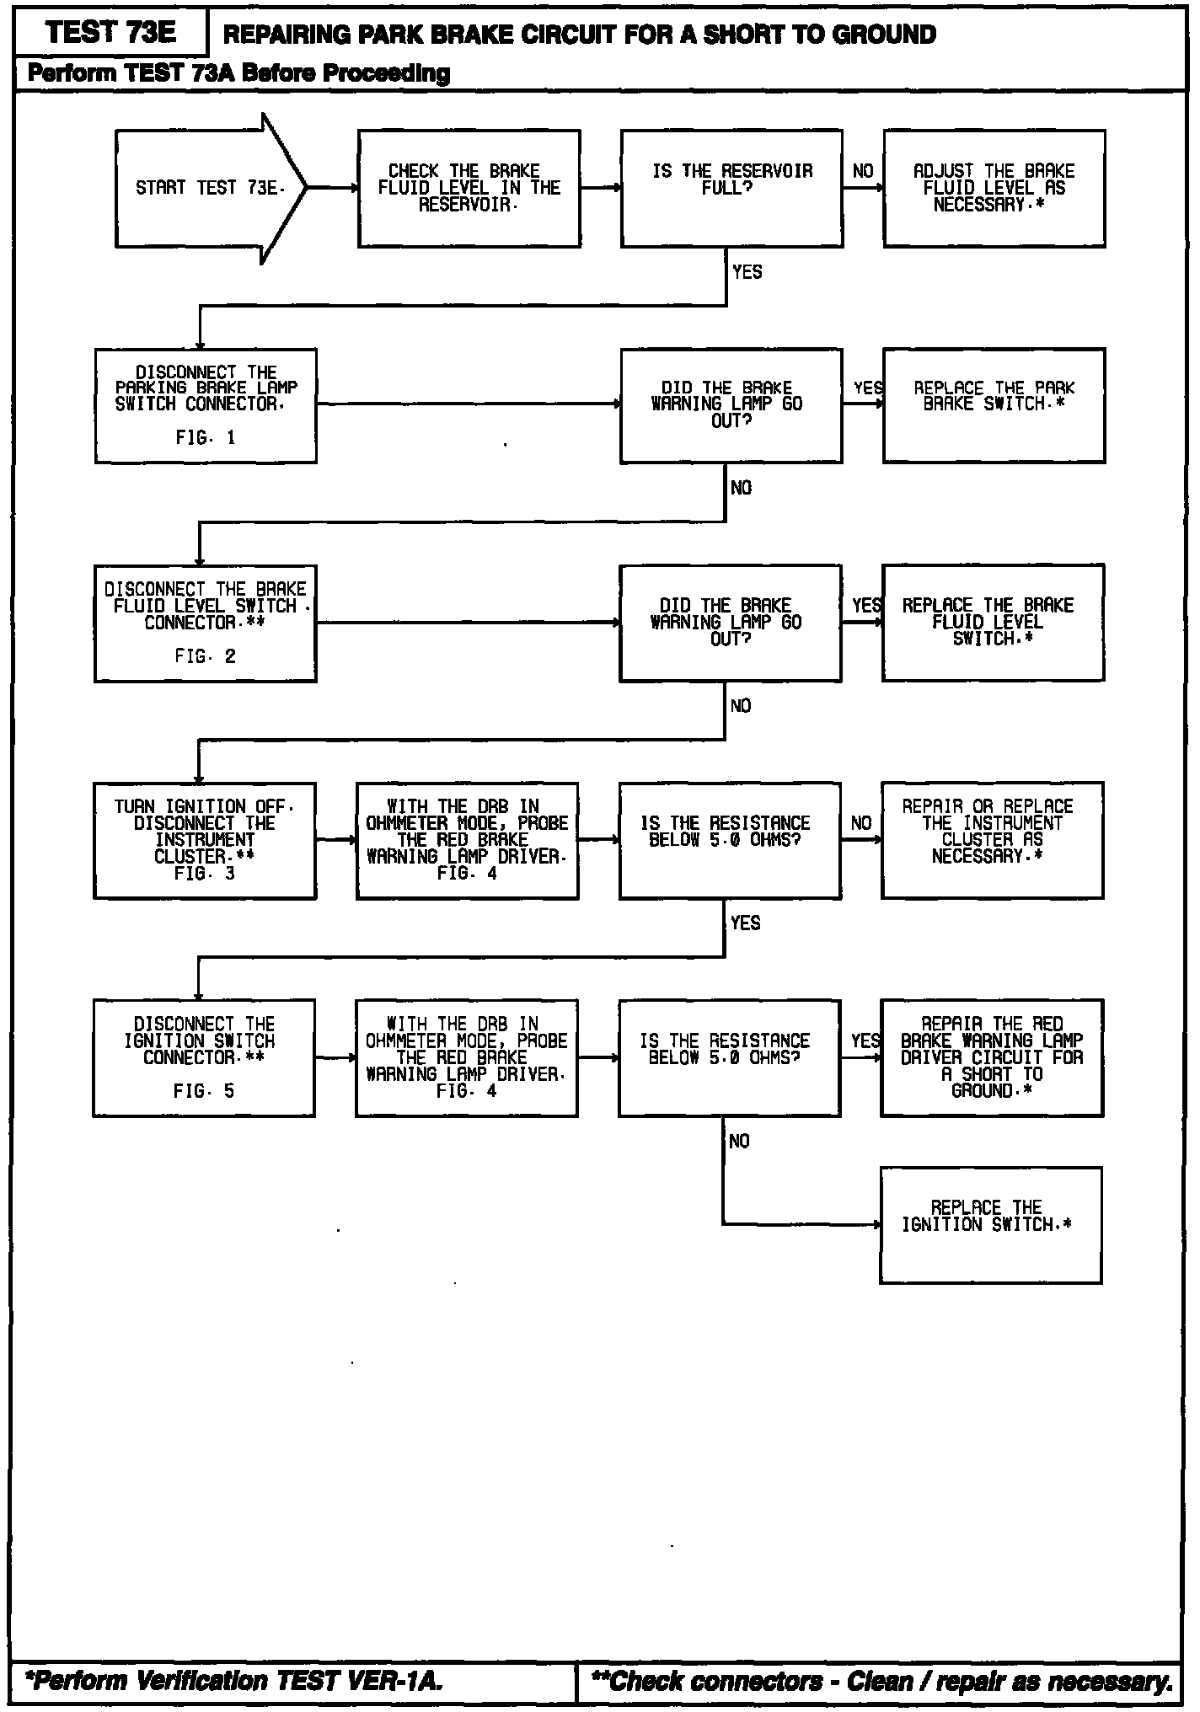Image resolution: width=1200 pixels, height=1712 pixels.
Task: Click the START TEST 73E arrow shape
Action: (206, 188)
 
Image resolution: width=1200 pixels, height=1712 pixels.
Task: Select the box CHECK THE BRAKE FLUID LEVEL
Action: (469, 188)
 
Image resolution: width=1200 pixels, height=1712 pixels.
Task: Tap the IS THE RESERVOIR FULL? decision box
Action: (731, 188)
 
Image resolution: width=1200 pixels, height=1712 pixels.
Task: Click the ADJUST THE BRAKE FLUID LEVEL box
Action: (994, 188)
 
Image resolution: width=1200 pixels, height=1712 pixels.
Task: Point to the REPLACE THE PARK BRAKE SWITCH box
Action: (994, 405)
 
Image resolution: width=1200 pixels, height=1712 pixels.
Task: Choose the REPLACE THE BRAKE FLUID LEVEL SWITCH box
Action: (993, 623)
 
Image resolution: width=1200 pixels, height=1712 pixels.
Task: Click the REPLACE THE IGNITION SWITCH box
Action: (990, 1225)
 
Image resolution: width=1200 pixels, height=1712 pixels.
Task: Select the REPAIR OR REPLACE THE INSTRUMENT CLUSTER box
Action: (992, 840)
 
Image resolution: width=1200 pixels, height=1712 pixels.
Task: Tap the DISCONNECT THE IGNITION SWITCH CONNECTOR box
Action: (204, 1057)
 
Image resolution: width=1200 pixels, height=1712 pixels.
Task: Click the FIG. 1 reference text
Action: (206, 438)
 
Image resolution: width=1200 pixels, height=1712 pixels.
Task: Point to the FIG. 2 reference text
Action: (206, 656)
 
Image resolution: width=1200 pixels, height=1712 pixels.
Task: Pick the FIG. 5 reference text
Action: (204, 1092)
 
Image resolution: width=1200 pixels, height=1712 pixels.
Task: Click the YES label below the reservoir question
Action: (747, 272)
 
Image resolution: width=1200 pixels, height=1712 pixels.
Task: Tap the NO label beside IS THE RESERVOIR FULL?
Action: (863, 172)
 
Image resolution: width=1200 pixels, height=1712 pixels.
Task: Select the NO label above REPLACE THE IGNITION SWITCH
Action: (739, 1142)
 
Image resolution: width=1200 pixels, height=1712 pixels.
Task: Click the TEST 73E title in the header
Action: (110, 33)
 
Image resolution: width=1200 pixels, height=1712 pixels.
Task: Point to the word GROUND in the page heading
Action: (884, 35)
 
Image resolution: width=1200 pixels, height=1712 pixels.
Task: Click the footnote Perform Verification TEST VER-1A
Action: (234, 1680)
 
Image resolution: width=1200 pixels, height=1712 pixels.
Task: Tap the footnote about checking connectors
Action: (881, 1681)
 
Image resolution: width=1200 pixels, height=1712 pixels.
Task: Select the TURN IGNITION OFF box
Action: (205, 840)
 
